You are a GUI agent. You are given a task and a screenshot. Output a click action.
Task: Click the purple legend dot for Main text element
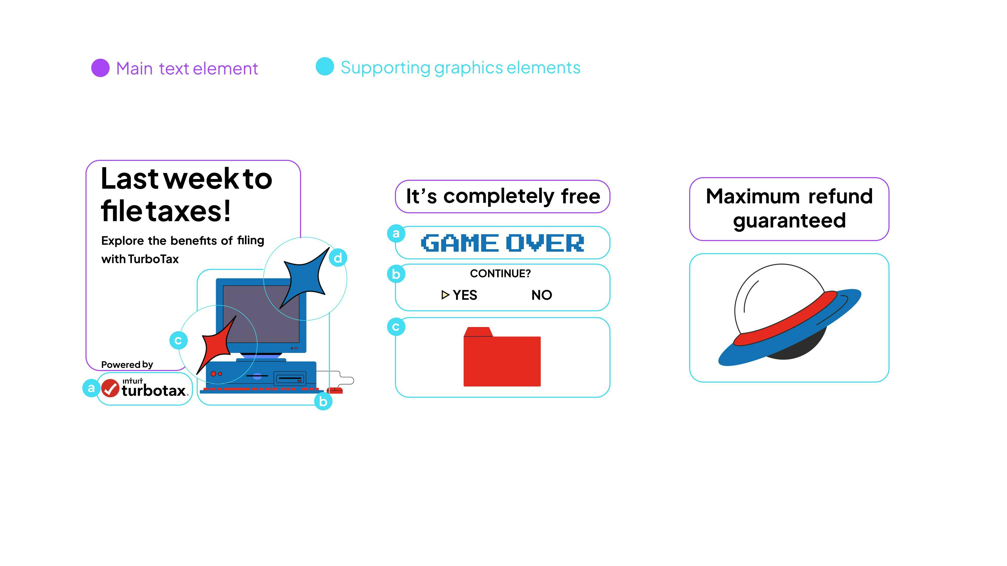[x=100, y=68]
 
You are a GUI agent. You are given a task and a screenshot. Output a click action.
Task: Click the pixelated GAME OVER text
[x=502, y=243]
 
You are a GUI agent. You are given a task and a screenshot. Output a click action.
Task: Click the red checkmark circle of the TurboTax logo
[x=110, y=388]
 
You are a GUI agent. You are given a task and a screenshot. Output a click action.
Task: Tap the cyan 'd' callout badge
[x=338, y=258]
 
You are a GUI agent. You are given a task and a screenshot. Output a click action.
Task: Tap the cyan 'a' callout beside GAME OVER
[x=396, y=233]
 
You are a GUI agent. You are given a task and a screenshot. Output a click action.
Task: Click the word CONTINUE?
[x=500, y=273]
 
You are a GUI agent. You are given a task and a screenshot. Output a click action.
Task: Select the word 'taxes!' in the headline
[x=189, y=211]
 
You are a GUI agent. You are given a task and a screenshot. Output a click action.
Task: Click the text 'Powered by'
[x=127, y=364]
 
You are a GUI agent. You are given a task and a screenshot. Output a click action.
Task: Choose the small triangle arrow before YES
[x=445, y=295]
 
